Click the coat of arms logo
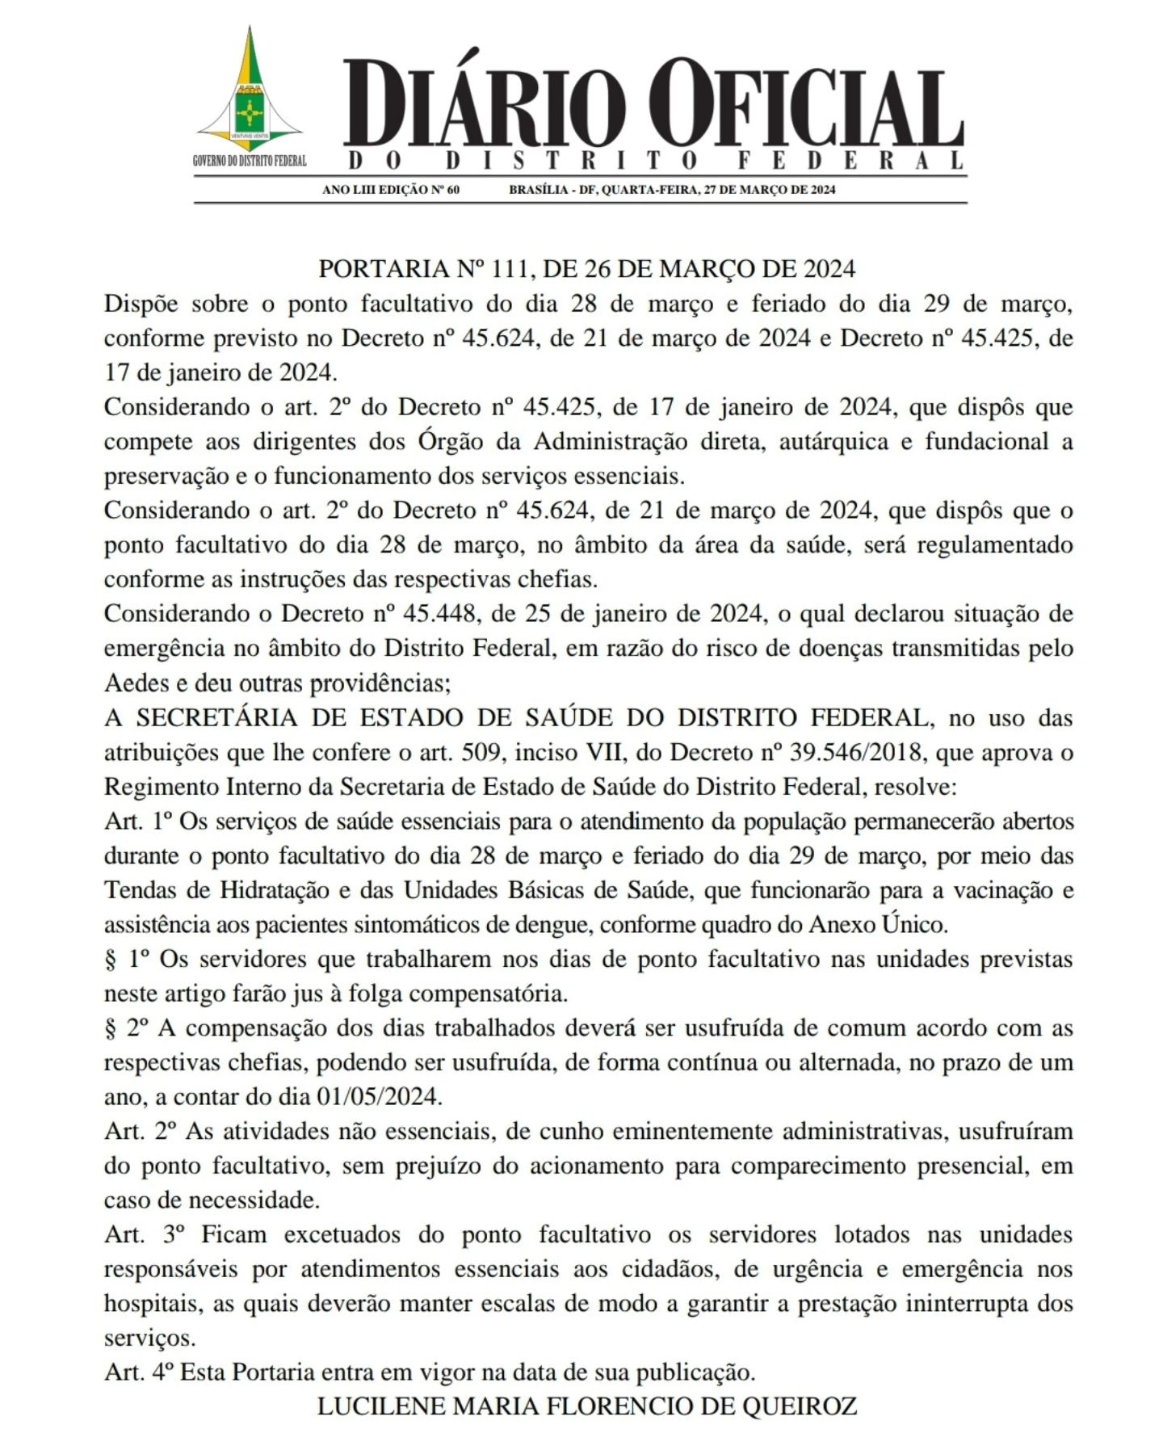[x=250, y=93]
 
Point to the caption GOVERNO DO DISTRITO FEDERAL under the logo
[x=250, y=161]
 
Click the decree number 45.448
[x=437, y=614]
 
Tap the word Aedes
[x=133, y=683]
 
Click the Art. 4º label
[x=138, y=1372]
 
